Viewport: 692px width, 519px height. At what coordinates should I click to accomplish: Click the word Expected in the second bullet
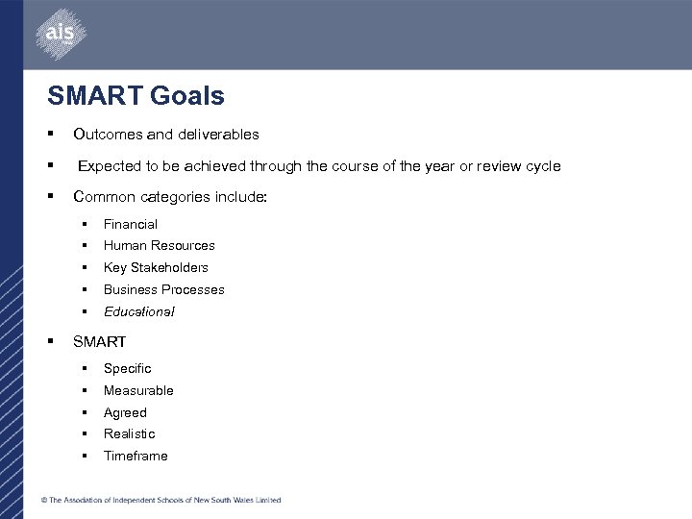(x=110, y=166)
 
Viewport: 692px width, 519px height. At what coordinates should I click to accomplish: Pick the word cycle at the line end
(x=543, y=166)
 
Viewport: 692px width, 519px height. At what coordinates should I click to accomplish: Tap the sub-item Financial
(x=131, y=224)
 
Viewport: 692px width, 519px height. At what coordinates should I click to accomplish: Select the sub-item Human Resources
(x=160, y=245)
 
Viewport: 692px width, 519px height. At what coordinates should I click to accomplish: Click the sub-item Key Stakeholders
(x=156, y=267)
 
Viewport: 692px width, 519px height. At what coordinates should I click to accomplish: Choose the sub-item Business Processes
(x=164, y=289)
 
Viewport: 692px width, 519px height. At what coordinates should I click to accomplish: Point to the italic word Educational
(x=139, y=311)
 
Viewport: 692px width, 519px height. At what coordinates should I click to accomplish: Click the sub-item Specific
(x=128, y=368)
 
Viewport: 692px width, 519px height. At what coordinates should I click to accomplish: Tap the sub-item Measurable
(x=138, y=390)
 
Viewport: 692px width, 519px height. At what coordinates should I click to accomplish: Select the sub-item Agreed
(x=125, y=412)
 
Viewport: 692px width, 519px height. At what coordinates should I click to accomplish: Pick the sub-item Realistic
(x=129, y=433)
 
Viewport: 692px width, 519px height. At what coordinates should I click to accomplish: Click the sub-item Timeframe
(x=136, y=456)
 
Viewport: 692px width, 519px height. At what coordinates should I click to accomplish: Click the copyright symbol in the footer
(x=44, y=500)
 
